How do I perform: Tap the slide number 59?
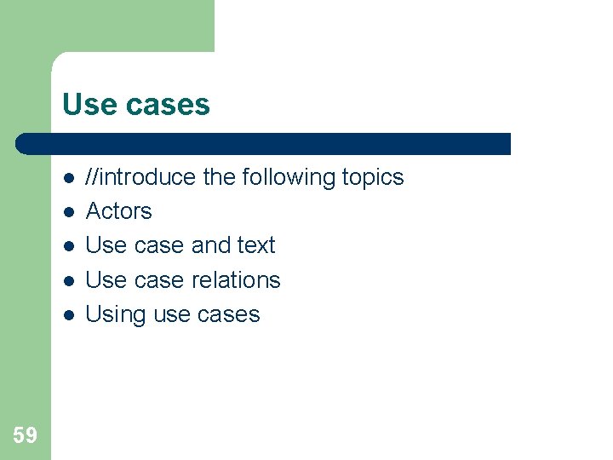pyautogui.click(x=25, y=435)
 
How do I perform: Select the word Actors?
pyautogui.click(x=118, y=211)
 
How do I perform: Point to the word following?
pyautogui.click(x=288, y=177)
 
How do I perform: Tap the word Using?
pyautogui.click(x=116, y=314)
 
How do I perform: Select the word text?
pyautogui.click(x=256, y=245)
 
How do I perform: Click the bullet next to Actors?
pyautogui.click(x=67, y=212)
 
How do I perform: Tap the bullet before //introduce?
pyautogui.click(x=67, y=178)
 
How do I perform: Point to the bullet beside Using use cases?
pyautogui.click(x=67, y=315)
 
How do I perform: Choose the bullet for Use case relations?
pyautogui.click(x=67, y=280)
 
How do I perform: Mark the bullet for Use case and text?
pyautogui.click(x=67, y=246)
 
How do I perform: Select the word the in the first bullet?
pyautogui.click(x=219, y=177)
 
